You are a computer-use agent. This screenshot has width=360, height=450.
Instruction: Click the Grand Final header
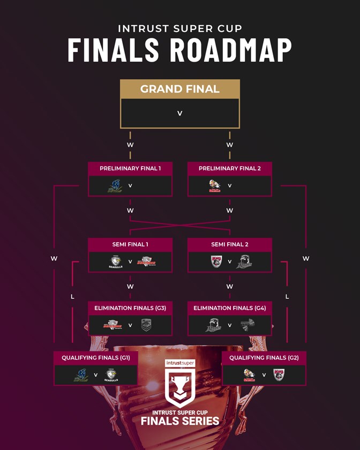[179, 89]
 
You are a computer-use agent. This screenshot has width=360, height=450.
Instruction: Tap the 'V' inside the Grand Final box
[179, 114]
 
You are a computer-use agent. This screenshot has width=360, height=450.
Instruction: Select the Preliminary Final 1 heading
[130, 168]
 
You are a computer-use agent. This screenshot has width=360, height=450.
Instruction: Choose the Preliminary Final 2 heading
[229, 168]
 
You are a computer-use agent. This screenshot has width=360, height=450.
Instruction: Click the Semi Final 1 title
[130, 244]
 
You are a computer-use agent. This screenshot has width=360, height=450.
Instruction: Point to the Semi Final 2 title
[229, 244]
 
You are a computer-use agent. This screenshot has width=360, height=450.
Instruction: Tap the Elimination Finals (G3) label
[130, 308]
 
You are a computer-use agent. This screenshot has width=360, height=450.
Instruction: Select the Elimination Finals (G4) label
[229, 308]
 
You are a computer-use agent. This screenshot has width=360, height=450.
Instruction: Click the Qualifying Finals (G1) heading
[96, 357]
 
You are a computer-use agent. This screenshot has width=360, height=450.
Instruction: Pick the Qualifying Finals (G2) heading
[264, 357]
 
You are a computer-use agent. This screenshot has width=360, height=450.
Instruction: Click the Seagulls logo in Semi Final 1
[116, 262]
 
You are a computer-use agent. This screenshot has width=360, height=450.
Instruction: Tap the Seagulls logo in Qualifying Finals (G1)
[111, 375]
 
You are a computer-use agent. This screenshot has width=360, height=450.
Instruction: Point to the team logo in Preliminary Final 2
[214, 186]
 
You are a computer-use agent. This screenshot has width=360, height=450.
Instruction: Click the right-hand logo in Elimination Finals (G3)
[146, 325]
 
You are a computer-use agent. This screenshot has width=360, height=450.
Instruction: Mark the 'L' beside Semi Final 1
[72, 296]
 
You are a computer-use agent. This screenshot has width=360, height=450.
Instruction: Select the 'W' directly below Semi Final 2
[229, 287]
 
